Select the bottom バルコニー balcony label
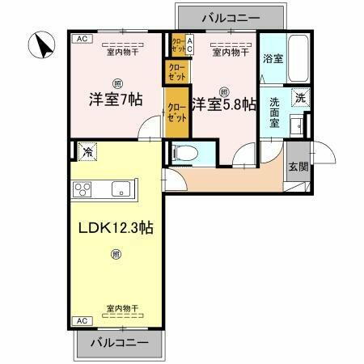(120, 342)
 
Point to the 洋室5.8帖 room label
(225, 104)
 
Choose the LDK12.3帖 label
(116, 227)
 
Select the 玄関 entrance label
(298, 167)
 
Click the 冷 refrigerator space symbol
(85, 150)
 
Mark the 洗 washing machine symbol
(299, 98)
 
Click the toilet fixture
(183, 153)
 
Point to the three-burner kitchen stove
(84, 191)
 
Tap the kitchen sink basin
(119, 191)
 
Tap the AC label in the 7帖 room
(80, 39)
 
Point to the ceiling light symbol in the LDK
(116, 254)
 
